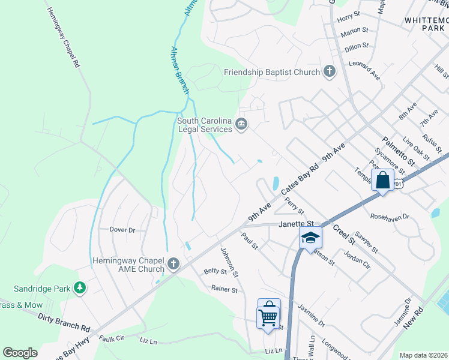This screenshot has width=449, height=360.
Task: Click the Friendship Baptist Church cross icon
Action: pos(329,72)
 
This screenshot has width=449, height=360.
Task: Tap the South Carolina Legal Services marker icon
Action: pos(241,124)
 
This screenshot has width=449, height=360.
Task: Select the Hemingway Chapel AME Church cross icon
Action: pos(173,263)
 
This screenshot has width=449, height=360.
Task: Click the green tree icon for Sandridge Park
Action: pos(79,288)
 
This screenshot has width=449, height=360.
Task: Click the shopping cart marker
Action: pos(268,316)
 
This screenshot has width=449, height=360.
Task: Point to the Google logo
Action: pos(20,353)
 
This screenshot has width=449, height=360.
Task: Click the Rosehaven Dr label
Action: pos(389,216)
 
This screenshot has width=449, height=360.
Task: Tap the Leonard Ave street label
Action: pos(366,72)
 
